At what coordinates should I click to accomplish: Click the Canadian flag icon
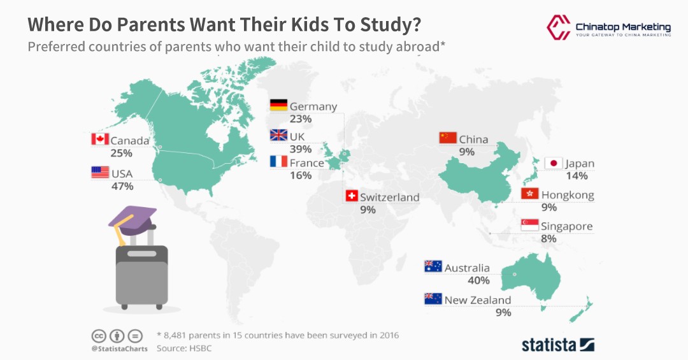100,139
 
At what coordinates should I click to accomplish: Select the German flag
278,105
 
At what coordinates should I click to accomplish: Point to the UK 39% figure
300,149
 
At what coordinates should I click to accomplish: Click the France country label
306,162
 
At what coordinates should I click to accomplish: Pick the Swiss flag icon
351,196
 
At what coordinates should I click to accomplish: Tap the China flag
448,138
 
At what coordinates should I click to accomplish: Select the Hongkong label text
568,195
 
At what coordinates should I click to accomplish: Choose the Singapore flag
530,226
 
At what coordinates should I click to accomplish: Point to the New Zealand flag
433,299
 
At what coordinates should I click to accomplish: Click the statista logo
558,345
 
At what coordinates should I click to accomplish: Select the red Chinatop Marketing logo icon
558,26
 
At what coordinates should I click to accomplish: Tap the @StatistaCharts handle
119,349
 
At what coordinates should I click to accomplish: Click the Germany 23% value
300,119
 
